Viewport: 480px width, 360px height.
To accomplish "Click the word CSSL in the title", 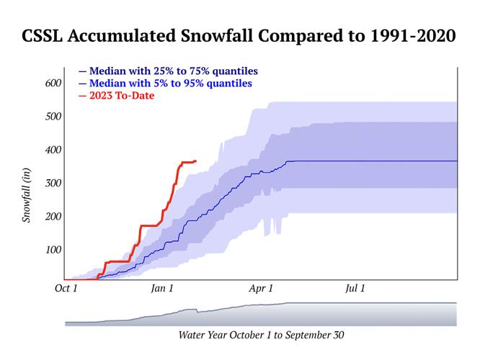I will (x=48, y=36).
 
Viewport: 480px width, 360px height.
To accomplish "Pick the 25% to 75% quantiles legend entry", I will (x=168, y=71).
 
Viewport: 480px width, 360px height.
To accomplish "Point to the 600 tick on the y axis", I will (x=53, y=84).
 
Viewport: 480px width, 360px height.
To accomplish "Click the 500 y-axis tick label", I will (x=53, y=117).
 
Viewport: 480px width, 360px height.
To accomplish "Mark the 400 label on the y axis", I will (x=53, y=150).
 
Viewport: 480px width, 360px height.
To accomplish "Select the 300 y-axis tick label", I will (x=53, y=183).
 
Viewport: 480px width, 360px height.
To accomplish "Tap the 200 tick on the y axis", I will (x=53, y=216).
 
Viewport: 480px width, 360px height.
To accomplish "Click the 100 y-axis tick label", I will (x=53, y=250).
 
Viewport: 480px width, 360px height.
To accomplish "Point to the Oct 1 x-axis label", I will (x=66, y=289).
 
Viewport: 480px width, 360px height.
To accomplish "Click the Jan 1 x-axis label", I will (x=162, y=289).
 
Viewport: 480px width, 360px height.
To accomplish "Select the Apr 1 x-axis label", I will (x=261, y=289).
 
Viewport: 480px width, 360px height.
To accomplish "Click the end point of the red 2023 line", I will (x=195, y=161).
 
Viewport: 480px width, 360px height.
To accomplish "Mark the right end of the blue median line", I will (x=456, y=161).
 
